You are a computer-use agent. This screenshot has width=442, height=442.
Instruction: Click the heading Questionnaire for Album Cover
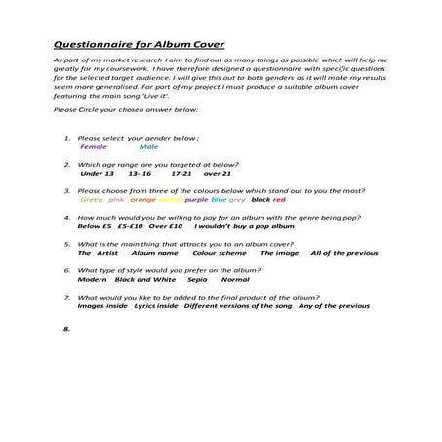(128, 44)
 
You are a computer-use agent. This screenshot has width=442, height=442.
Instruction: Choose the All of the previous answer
(342, 252)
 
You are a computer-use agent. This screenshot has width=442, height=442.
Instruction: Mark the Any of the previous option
(334, 305)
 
